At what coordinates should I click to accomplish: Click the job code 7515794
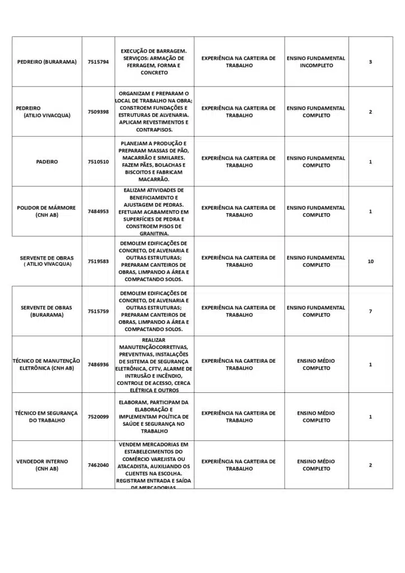click(x=98, y=62)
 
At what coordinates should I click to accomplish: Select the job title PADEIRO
click(x=47, y=162)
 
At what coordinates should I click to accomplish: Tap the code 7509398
click(x=98, y=112)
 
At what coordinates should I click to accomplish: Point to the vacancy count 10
click(x=370, y=261)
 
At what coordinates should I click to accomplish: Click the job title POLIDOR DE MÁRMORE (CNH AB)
click(x=46, y=212)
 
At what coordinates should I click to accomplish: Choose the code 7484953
click(x=98, y=212)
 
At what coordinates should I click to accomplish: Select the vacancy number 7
click(x=370, y=311)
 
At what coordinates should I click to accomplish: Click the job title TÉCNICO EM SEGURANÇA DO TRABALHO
click(x=46, y=417)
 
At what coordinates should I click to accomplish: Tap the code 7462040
click(x=98, y=465)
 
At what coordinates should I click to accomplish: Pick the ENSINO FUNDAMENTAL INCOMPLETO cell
click(x=316, y=62)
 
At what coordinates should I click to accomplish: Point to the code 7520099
click(x=98, y=417)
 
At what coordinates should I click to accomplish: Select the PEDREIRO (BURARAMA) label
click(x=47, y=62)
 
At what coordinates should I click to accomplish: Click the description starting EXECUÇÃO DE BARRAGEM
click(x=154, y=62)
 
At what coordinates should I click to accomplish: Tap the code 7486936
click(x=98, y=364)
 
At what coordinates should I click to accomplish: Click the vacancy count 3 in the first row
click(x=370, y=62)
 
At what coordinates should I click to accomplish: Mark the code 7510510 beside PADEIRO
click(x=98, y=162)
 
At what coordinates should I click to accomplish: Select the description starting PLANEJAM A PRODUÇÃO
click(x=154, y=162)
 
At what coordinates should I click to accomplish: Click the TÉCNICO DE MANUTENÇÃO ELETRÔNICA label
click(x=46, y=364)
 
